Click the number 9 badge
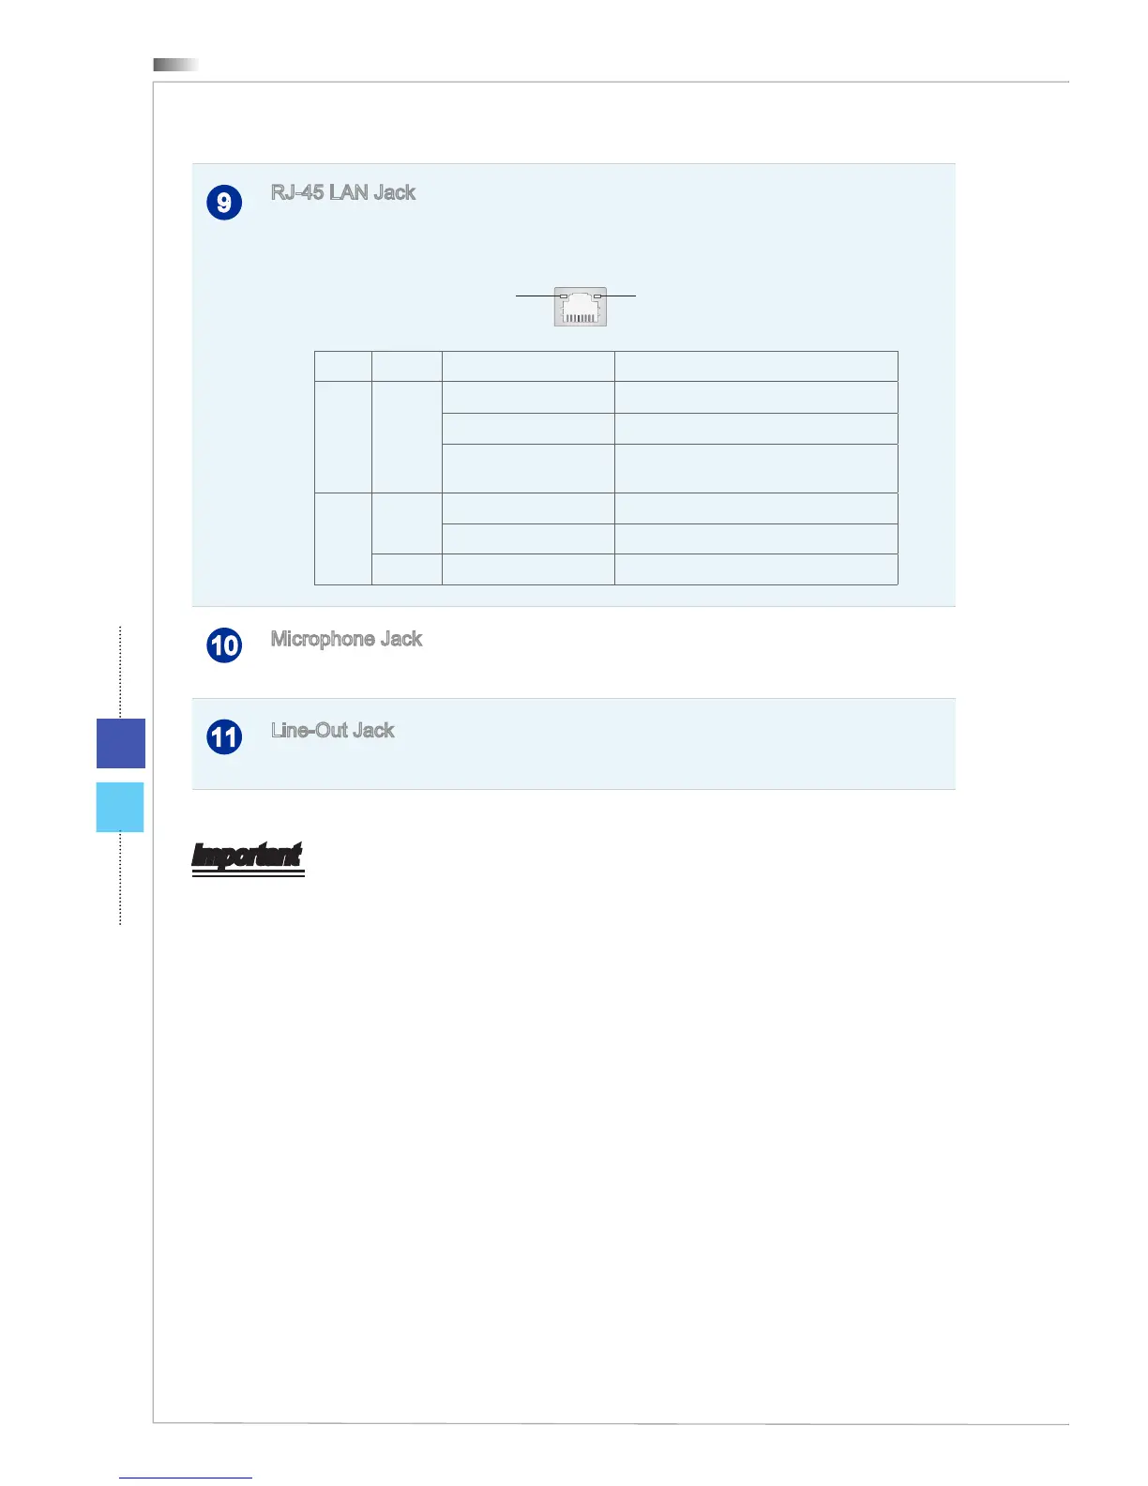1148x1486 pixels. click(x=224, y=203)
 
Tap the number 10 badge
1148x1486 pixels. click(x=224, y=645)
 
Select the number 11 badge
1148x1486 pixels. click(x=224, y=736)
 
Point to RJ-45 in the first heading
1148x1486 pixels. click(x=296, y=193)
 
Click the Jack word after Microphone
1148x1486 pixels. click(x=401, y=640)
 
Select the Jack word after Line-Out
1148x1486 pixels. click(x=373, y=731)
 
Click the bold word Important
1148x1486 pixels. click(x=248, y=856)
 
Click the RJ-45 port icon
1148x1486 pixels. click(x=581, y=307)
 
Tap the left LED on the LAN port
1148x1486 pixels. click(x=564, y=296)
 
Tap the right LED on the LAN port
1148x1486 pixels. click(x=597, y=296)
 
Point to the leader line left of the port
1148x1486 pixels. click(x=536, y=296)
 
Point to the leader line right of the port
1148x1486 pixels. click(x=619, y=296)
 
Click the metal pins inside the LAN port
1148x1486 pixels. click(x=581, y=317)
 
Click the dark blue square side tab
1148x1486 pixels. click(x=121, y=743)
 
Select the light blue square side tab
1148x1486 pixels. click(x=120, y=807)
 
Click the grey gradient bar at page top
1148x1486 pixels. click(x=176, y=65)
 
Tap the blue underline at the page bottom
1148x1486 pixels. click(x=186, y=1478)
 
